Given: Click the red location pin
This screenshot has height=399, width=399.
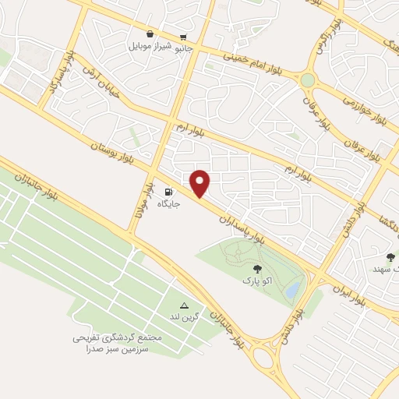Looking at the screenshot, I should [x=200, y=182].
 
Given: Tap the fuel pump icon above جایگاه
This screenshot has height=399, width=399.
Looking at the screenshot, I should [x=169, y=192].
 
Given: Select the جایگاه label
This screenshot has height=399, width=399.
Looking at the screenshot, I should [x=170, y=204].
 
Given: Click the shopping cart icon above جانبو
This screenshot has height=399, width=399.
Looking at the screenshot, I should [x=183, y=36].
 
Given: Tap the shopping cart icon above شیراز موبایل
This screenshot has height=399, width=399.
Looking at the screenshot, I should [x=149, y=34].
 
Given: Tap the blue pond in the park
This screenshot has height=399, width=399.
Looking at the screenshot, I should [x=292, y=289].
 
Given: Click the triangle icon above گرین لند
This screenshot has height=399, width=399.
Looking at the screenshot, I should [x=184, y=305].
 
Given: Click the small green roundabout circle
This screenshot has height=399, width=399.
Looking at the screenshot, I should [x=308, y=80].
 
